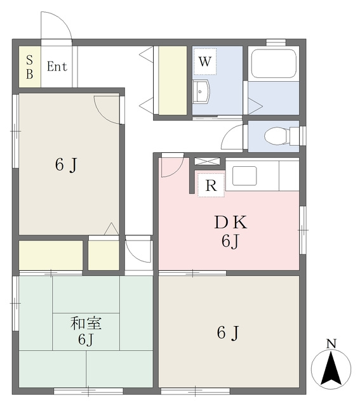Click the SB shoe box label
[x=30, y=67]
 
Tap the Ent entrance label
[x=57, y=67]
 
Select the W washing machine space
[x=204, y=62]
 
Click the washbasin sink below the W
[x=201, y=91]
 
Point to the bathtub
[x=274, y=63]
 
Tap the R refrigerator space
[x=211, y=185]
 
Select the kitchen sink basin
[x=244, y=176]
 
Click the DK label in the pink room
[x=230, y=223]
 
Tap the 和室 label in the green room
[x=86, y=323]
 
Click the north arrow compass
[x=331, y=368]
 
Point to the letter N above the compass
[x=331, y=344]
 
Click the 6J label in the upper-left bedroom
[x=66, y=165]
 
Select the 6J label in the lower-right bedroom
[x=228, y=332]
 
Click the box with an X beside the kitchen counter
[x=207, y=161]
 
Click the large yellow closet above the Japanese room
[x=51, y=255]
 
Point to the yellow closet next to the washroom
[x=173, y=81]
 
